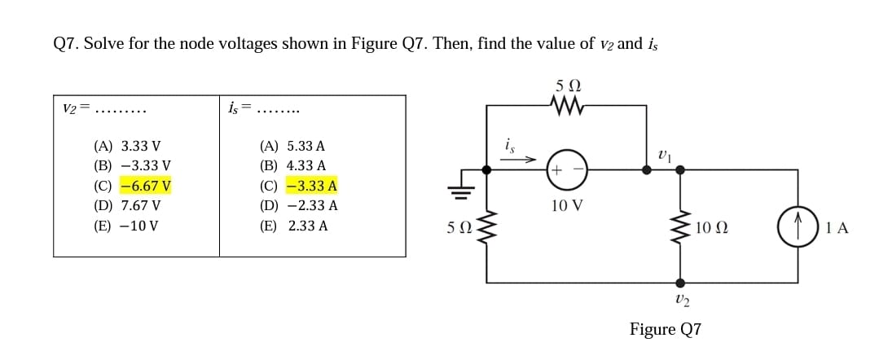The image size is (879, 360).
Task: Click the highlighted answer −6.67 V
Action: pyautogui.click(x=145, y=186)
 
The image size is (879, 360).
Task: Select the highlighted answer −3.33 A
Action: pyautogui.click(x=311, y=186)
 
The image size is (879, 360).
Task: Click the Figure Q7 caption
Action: pyautogui.click(x=665, y=329)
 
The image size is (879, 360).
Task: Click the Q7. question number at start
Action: pyautogui.click(x=64, y=43)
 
